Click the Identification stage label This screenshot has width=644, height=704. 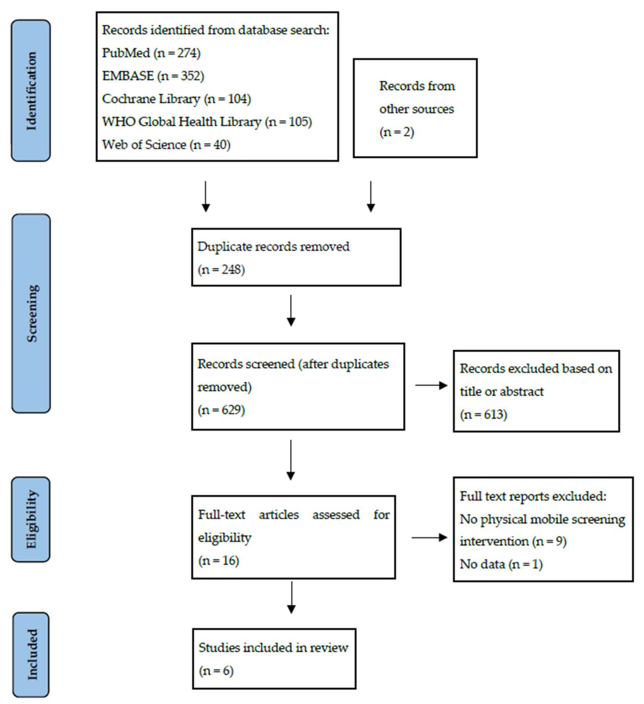pyautogui.click(x=31, y=91)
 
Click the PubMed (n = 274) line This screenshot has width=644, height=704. pyautogui.click(x=151, y=53)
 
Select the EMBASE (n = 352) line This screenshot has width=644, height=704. pyautogui.click(x=153, y=76)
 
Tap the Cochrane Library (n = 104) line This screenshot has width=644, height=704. pyautogui.click(x=176, y=99)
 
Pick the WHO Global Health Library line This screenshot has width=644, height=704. pyautogui.click(x=206, y=122)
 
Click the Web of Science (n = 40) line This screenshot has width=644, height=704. pyautogui.click(x=166, y=145)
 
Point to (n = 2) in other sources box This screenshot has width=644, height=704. pyautogui.click(x=397, y=132)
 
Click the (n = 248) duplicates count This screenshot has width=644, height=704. pyautogui.click(x=221, y=270)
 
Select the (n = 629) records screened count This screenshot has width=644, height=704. pyautogui.click(x=221, y=410)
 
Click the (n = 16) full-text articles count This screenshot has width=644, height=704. pyautogui.click(x=218, y=561)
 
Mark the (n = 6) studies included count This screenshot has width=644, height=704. pyautogui.click(x=216, y=671)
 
